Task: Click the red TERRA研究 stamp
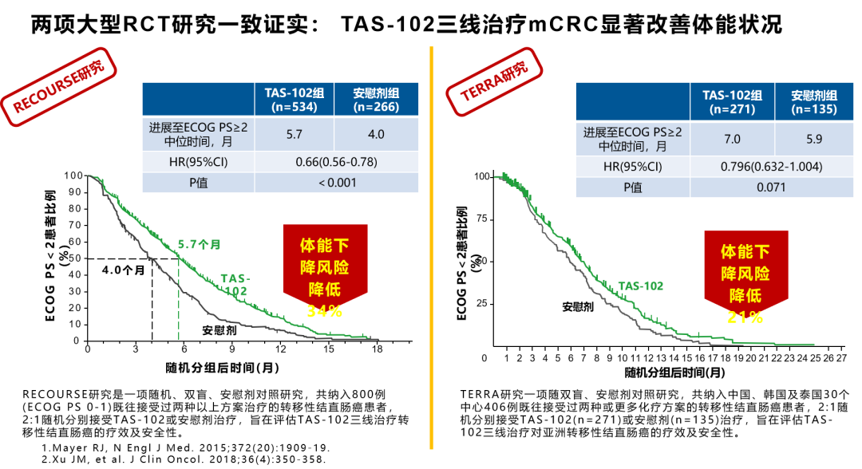click(495, 82)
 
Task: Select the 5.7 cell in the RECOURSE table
click(294, 134)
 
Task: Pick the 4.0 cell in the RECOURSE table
click(376, 134)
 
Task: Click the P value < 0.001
click(335, 183)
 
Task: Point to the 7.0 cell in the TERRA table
click(732, 139)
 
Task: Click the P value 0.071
click(772, 187)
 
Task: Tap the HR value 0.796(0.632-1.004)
click(772, 167)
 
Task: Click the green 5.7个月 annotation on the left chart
click(199, 245)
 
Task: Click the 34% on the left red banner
click(324, 312)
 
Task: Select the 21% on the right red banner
click(745, 317)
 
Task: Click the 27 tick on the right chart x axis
click(840, 358)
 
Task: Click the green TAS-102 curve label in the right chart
click(640, 286)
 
